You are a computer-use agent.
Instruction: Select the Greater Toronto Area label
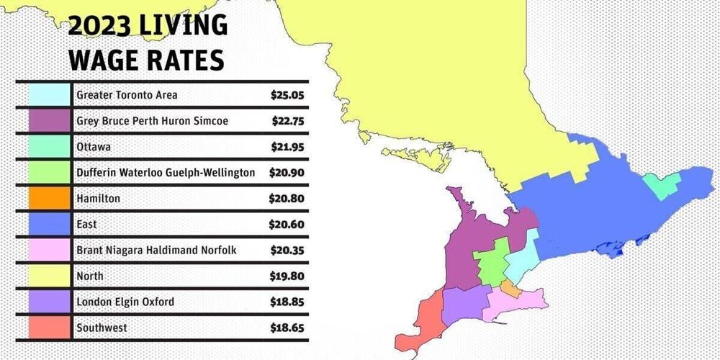coord(127,95)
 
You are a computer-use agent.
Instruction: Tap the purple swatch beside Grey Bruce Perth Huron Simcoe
coord(50,121)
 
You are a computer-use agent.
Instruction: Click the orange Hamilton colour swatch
coord(50,198)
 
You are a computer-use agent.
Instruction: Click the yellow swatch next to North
coord(50,276)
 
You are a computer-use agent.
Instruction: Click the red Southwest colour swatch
coord(50,328)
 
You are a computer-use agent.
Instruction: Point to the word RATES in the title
coord(188,60)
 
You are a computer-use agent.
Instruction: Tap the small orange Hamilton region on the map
coord(509,288)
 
